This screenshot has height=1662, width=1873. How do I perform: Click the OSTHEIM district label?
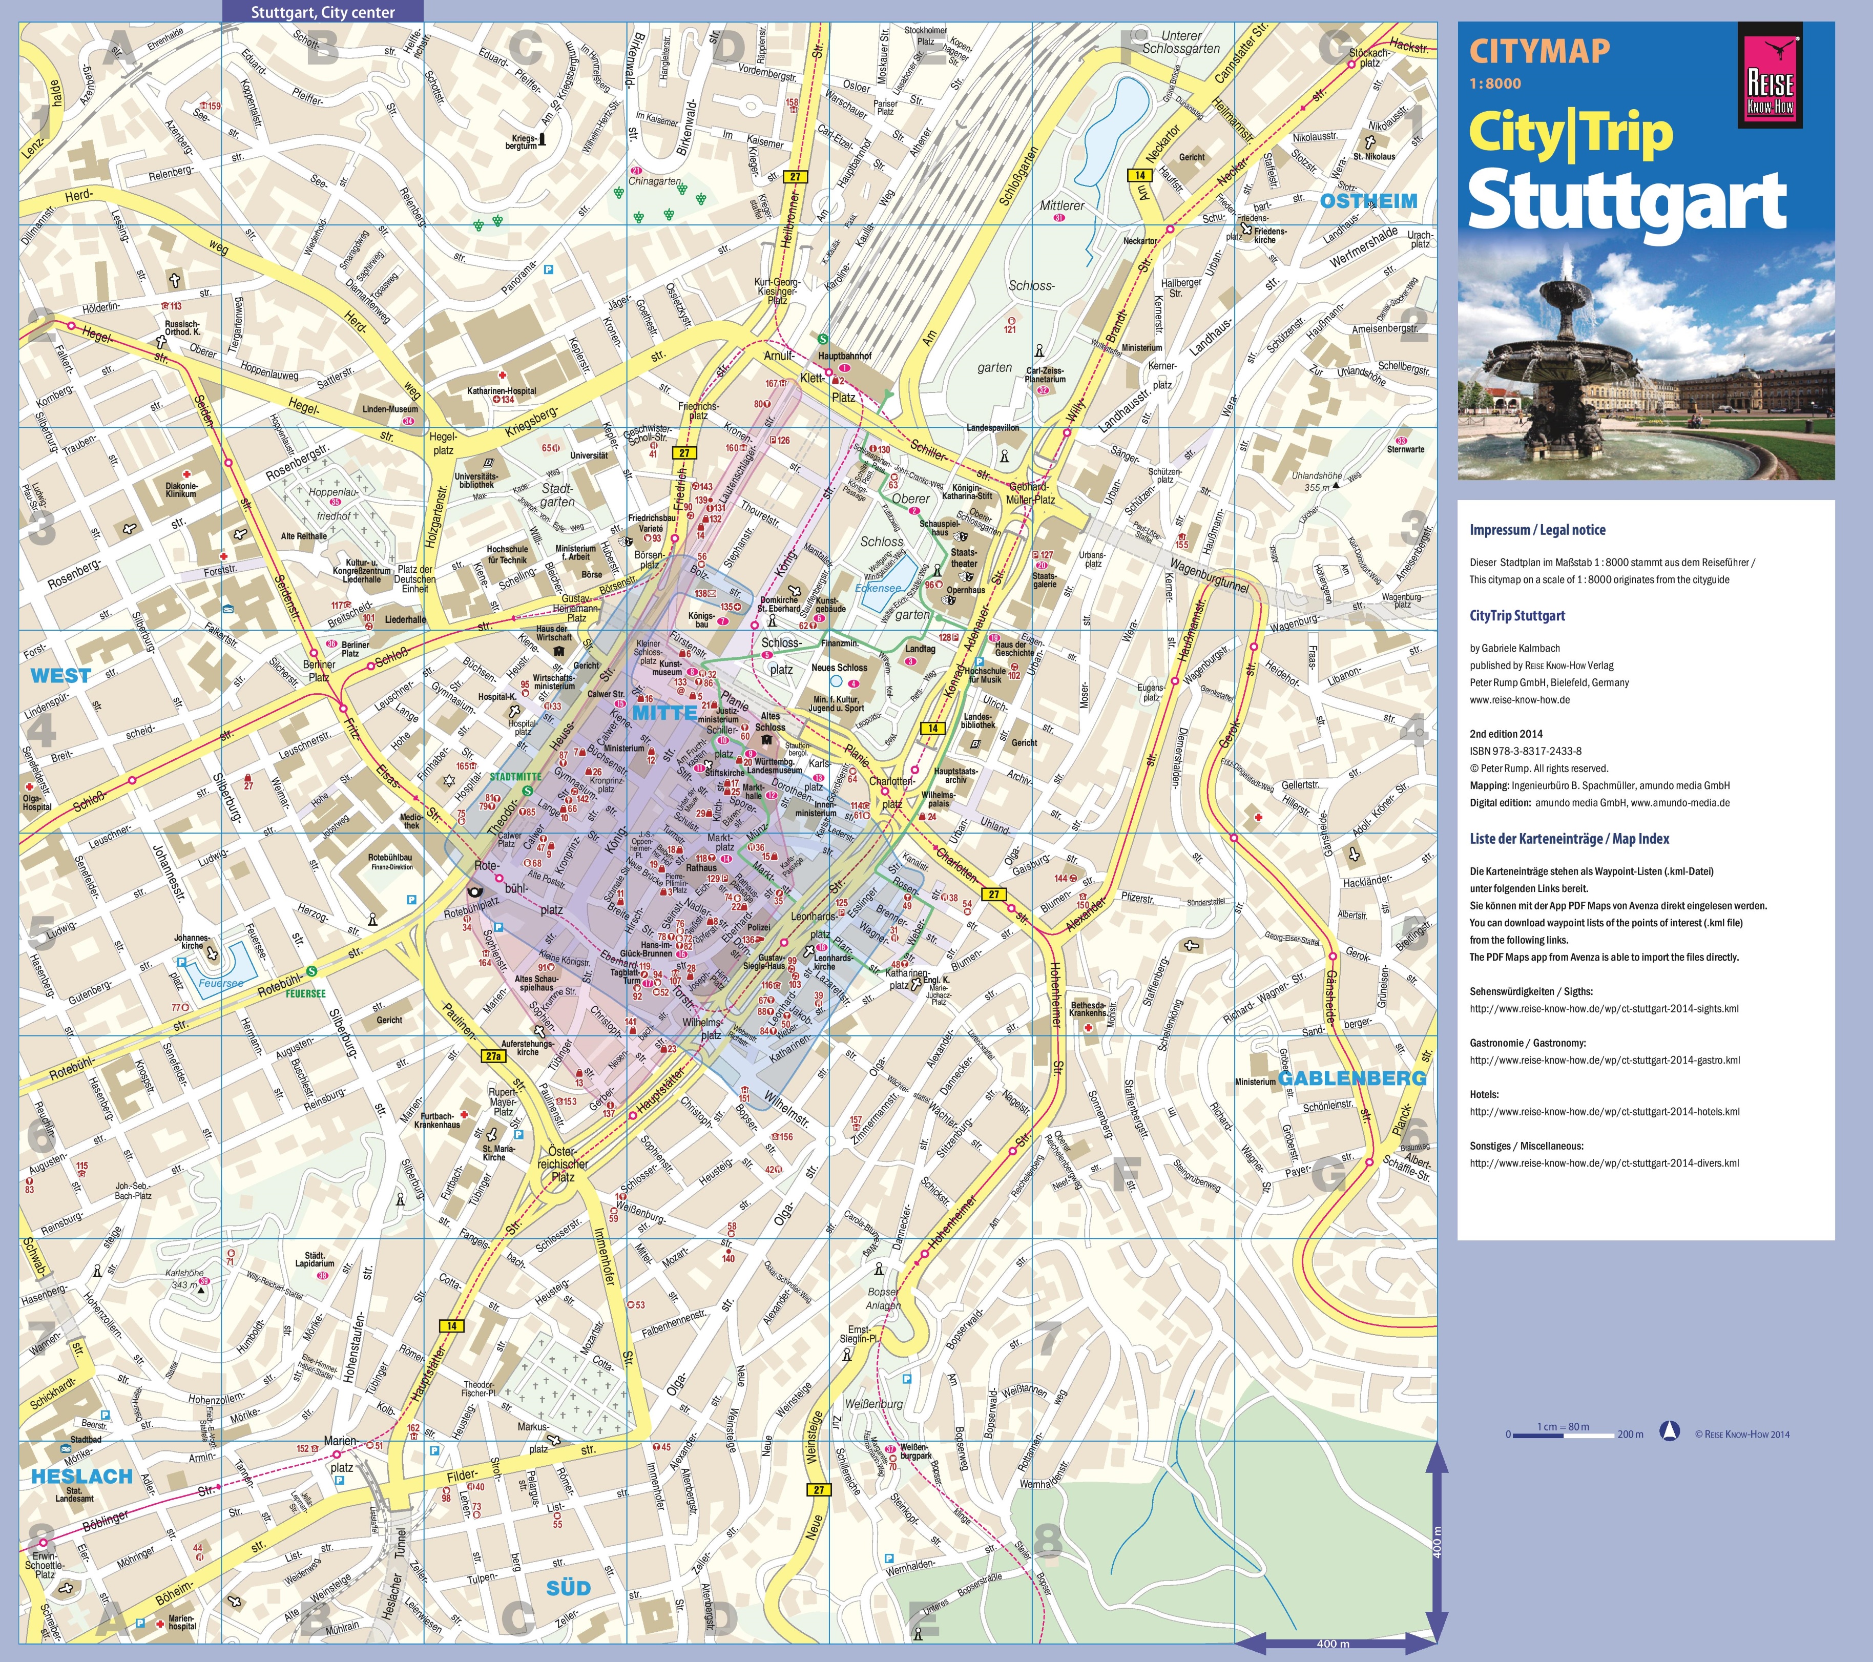[1368, 201]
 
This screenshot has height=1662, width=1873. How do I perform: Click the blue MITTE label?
[664, 713]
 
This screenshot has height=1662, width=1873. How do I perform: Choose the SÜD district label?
[568, 1588]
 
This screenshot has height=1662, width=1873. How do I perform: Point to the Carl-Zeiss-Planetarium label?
[1046, 375]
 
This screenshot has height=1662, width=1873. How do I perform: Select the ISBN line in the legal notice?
[1526, 751]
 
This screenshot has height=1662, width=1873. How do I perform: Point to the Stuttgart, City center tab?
[323, 12]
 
